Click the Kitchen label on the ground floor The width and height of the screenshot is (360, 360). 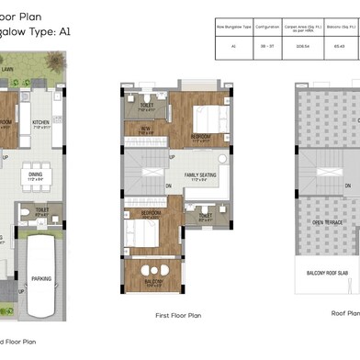pyautogui.click(x=40, y=122)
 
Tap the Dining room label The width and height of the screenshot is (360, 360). pyautogui.click(x=35, y=174)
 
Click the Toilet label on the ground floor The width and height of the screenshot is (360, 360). pyautogui.click(x=41, y=209)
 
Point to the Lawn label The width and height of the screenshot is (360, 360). pyautogui.click(x=32, y=68)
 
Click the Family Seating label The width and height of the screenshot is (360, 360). pyautogui.click(x=201, y=174)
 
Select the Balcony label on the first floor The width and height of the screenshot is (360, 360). pyautogui.click(x=153, y=282)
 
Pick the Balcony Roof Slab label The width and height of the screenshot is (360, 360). pyautogui.click(x=329, y=273)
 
